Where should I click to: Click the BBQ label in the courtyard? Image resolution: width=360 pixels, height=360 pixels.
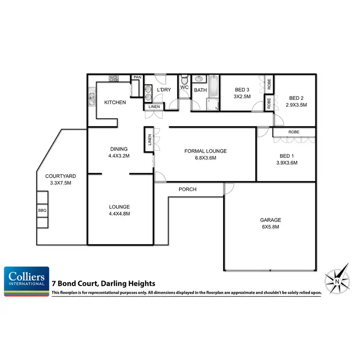coord(42,210)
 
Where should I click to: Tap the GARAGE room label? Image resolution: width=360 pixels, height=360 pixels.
coord(270,220)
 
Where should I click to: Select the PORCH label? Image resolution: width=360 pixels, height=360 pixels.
coord(187,189)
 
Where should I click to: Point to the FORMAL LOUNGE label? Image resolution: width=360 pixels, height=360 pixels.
coord(205,151)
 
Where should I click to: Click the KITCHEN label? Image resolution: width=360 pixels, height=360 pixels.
coord(115,102)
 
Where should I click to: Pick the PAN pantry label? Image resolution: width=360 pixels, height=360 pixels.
coord(137,77)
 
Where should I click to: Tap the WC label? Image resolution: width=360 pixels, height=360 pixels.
coord(184,87)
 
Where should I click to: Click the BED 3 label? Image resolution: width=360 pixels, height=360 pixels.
coord(242,90)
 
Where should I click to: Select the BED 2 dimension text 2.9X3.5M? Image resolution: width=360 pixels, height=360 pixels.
coord(296,105)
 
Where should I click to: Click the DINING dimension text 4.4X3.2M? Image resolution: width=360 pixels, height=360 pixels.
coord(120,156)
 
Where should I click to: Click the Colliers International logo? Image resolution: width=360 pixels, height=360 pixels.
coord(27,281)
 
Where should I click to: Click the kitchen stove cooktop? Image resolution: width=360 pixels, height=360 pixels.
coord(114,78)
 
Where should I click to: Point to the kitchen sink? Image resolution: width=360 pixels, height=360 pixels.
coord(92,99)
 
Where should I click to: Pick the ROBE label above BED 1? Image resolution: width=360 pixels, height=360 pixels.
coord(294,132)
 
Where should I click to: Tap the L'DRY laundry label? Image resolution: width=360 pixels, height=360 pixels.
coord(164,90)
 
